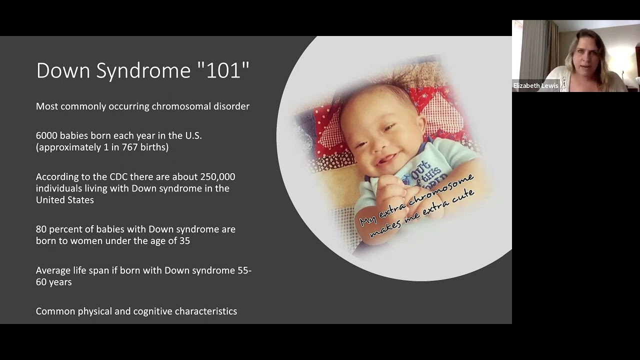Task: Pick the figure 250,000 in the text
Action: pyautogui.click(x=217, y=176)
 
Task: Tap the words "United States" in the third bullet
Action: pyautogui.click(x=64, y=200)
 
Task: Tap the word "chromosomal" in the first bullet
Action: pyautogui.click(x=183, y=106)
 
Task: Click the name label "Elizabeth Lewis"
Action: pyautogui.click(x=535, y=86)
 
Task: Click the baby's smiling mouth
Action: pyautogui.click(x=386, y=159)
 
